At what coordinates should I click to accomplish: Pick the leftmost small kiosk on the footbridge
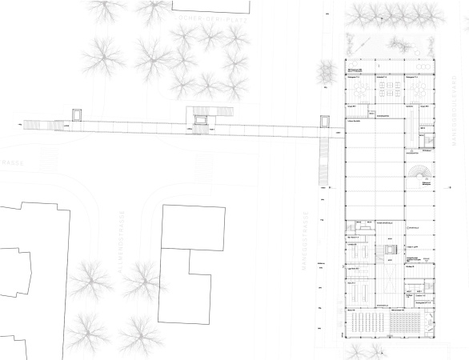coord(78,115)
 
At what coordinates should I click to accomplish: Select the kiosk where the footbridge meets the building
coord(325,122)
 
